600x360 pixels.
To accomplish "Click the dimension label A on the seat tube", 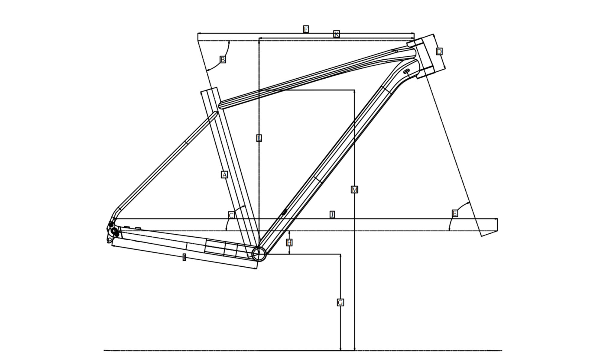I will [x=224, y=175].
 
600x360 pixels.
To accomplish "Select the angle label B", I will [x=223, y=59].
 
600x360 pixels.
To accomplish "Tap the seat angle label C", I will [x=231, y=215].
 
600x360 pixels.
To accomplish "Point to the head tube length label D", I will [x=439, y=52].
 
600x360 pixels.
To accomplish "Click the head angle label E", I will [x=455, y=213].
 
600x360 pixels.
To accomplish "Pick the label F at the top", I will [x=306, y=29].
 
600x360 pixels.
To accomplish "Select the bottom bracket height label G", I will [x=340, y=302].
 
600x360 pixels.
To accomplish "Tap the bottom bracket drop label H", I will [x=289, y=242].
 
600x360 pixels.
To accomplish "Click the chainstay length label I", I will [x=184, y=257].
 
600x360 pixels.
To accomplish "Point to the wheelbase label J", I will [x=332, y=214].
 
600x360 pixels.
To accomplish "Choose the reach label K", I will [x=337, y=34].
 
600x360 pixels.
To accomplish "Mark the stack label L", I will [x=259, y=138].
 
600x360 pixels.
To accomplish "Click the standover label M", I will [x=354, y=190].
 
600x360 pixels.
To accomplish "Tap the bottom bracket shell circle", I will [x=259, y=254].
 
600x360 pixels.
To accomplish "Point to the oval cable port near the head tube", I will [x=406, y=71].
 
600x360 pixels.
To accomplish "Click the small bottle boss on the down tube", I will [x=284, y=212].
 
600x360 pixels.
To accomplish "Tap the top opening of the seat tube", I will [x=209, y=90].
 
